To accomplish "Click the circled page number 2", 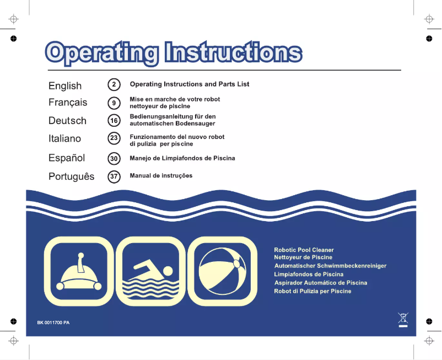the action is (x=114, y=84).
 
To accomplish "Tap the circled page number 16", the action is (x=114, y=121).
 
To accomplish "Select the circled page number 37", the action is (x=114, y=176).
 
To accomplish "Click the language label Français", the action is (x=68, y=103).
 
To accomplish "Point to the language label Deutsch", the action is (x=67, y=121).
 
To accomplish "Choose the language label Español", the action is (x=67, y=158).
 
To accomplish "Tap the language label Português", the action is (x=71, y=176).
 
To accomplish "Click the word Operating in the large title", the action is (x=101, y=53).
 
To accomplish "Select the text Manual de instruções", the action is (x=161, y=176).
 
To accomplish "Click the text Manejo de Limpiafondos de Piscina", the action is (x=182, y=158).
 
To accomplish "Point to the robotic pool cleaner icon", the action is (x=79, y=271).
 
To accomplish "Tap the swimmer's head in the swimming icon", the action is (x=168, y=271).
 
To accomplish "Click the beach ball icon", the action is (x=223, y=271).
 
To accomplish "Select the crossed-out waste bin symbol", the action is (x=403, y=320).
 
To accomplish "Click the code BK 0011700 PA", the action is (x=53, y=323).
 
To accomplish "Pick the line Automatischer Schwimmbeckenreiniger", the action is (x=330, y=266).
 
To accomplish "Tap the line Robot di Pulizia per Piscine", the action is (x=312, y=291).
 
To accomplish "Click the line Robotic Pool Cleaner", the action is (x=304, y=250).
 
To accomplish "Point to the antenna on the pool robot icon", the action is (x=81, y=262).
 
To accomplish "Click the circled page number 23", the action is (x=114, y=138).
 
